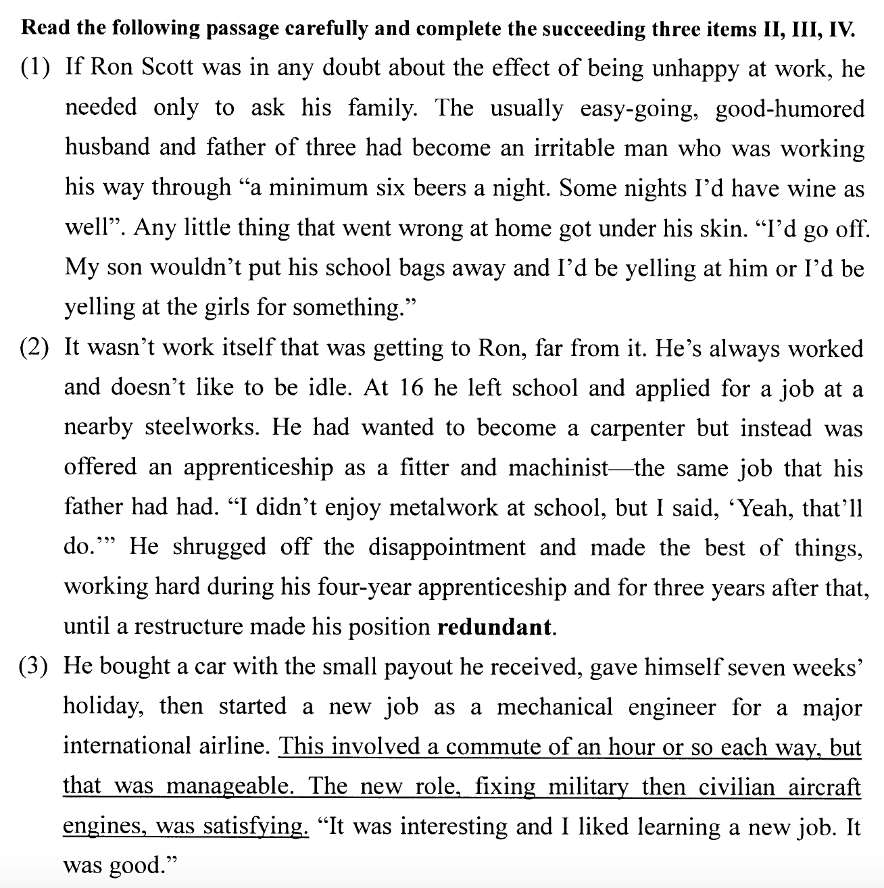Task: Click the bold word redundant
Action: coord(495,627)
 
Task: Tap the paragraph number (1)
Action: coord(34,68)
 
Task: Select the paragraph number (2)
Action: coord(34,348)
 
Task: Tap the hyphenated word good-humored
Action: coord(789,108)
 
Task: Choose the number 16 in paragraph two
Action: coord(412,388)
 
